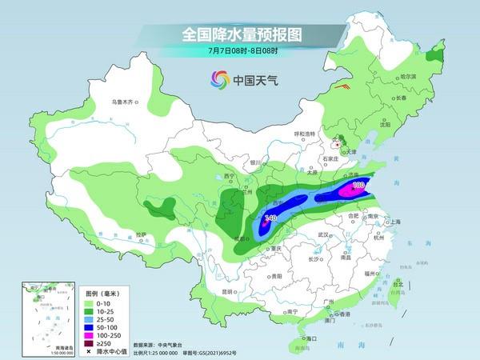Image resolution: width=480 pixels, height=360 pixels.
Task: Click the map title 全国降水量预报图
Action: [239, 34]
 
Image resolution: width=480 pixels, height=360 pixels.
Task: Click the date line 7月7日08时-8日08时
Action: [240, 51]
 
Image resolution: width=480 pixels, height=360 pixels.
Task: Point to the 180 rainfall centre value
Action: [358, 185]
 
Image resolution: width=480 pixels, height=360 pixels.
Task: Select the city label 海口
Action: [301, 338]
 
